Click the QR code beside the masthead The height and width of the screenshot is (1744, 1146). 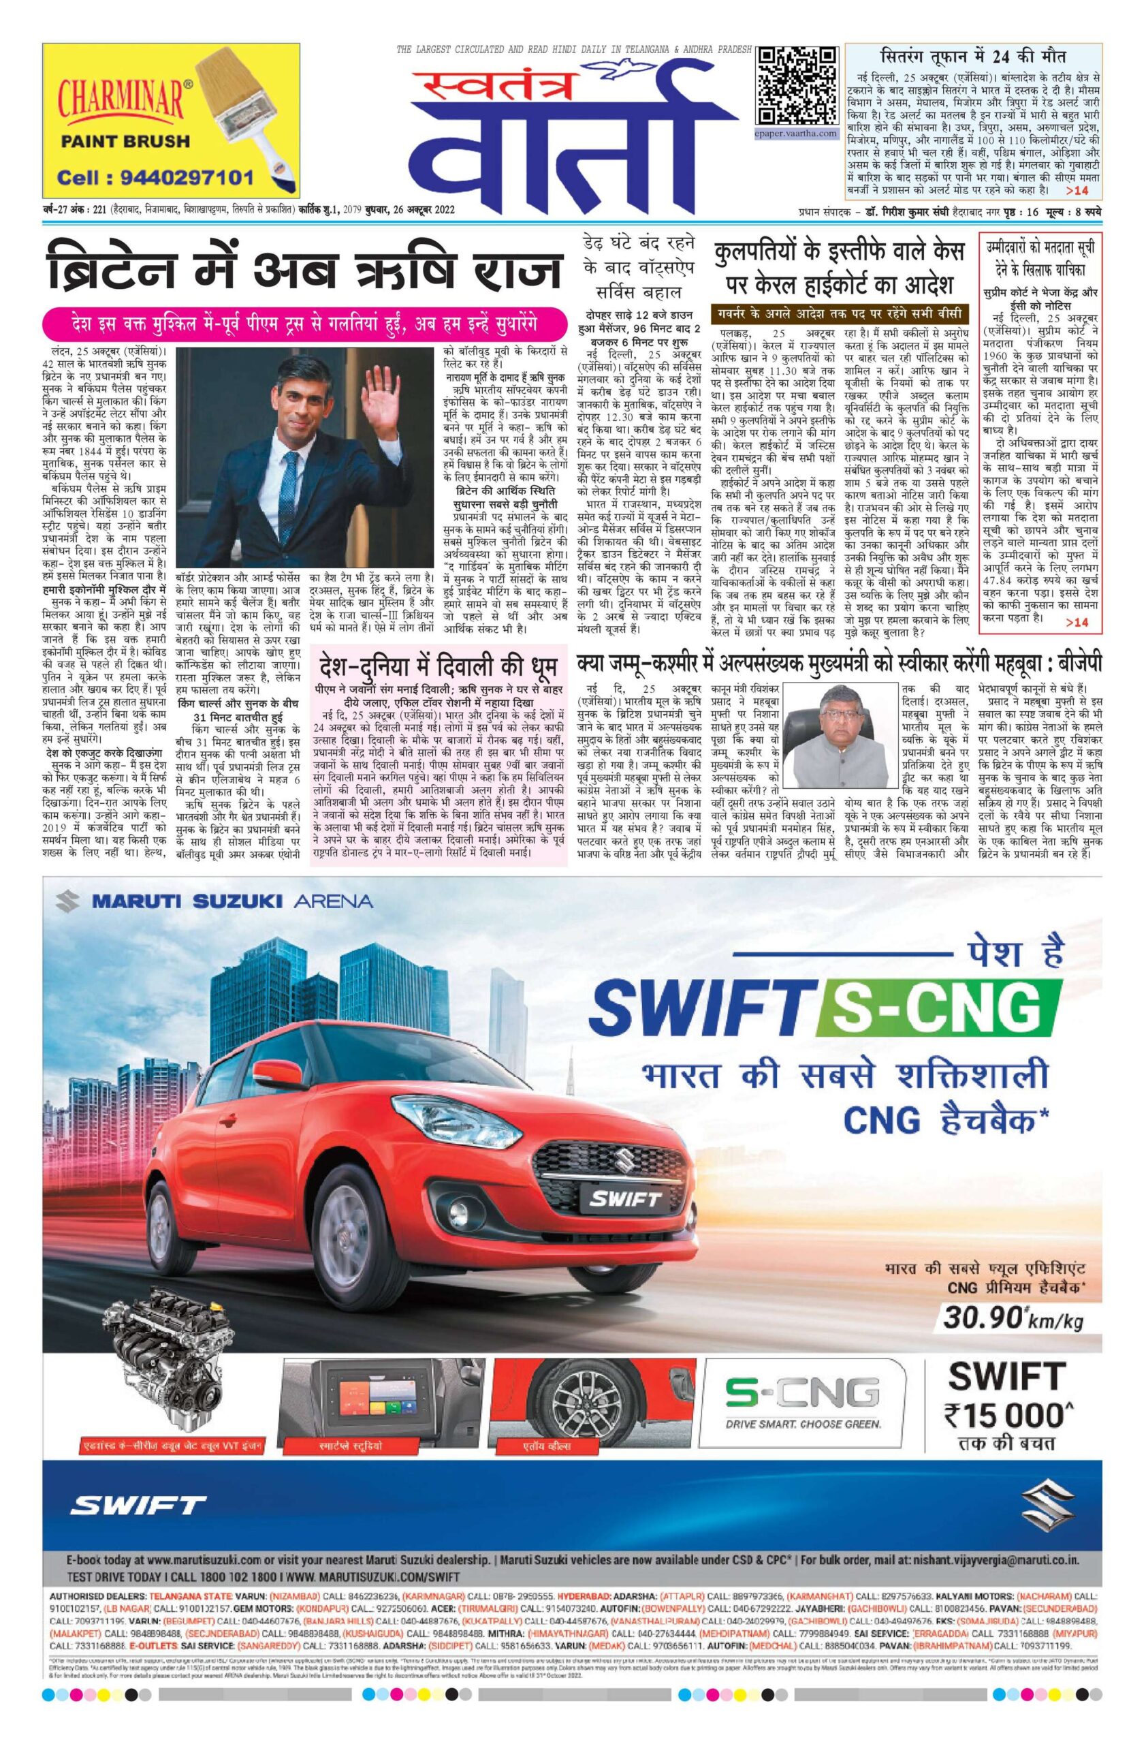pyautogui.click(x=796, y=86)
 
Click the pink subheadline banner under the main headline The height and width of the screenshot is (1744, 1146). pyautogui.click(x=304, y=323)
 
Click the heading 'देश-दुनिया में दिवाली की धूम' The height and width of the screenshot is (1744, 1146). pyautogui.click(x=439, y=668)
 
